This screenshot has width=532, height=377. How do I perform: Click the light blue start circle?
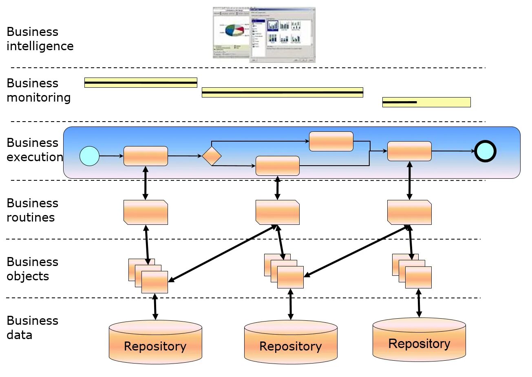click(89, 156)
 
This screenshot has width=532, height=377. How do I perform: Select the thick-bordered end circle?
click(486, 151)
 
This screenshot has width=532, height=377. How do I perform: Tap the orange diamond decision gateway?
click(212, 156)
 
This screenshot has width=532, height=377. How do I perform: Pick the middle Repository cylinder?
click(291, 343)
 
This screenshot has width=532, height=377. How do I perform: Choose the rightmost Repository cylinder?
click(419, 340)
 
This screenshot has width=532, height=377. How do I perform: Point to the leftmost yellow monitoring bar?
click(141, 83)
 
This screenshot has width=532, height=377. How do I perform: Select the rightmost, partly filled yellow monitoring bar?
click(426, 102)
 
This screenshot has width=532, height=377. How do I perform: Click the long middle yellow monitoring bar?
click(282, 92)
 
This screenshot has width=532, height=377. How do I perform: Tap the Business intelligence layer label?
click(40, 39)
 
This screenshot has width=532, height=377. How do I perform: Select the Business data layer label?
click(32, 328)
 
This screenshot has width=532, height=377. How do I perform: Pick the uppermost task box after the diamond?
click(331, 141)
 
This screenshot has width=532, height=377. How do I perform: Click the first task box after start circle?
click(146, 156)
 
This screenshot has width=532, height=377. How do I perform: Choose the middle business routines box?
click(278, 212)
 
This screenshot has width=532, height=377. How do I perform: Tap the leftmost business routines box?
click(146, 212)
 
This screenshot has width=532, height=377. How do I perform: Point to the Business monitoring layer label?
click(38, 91)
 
